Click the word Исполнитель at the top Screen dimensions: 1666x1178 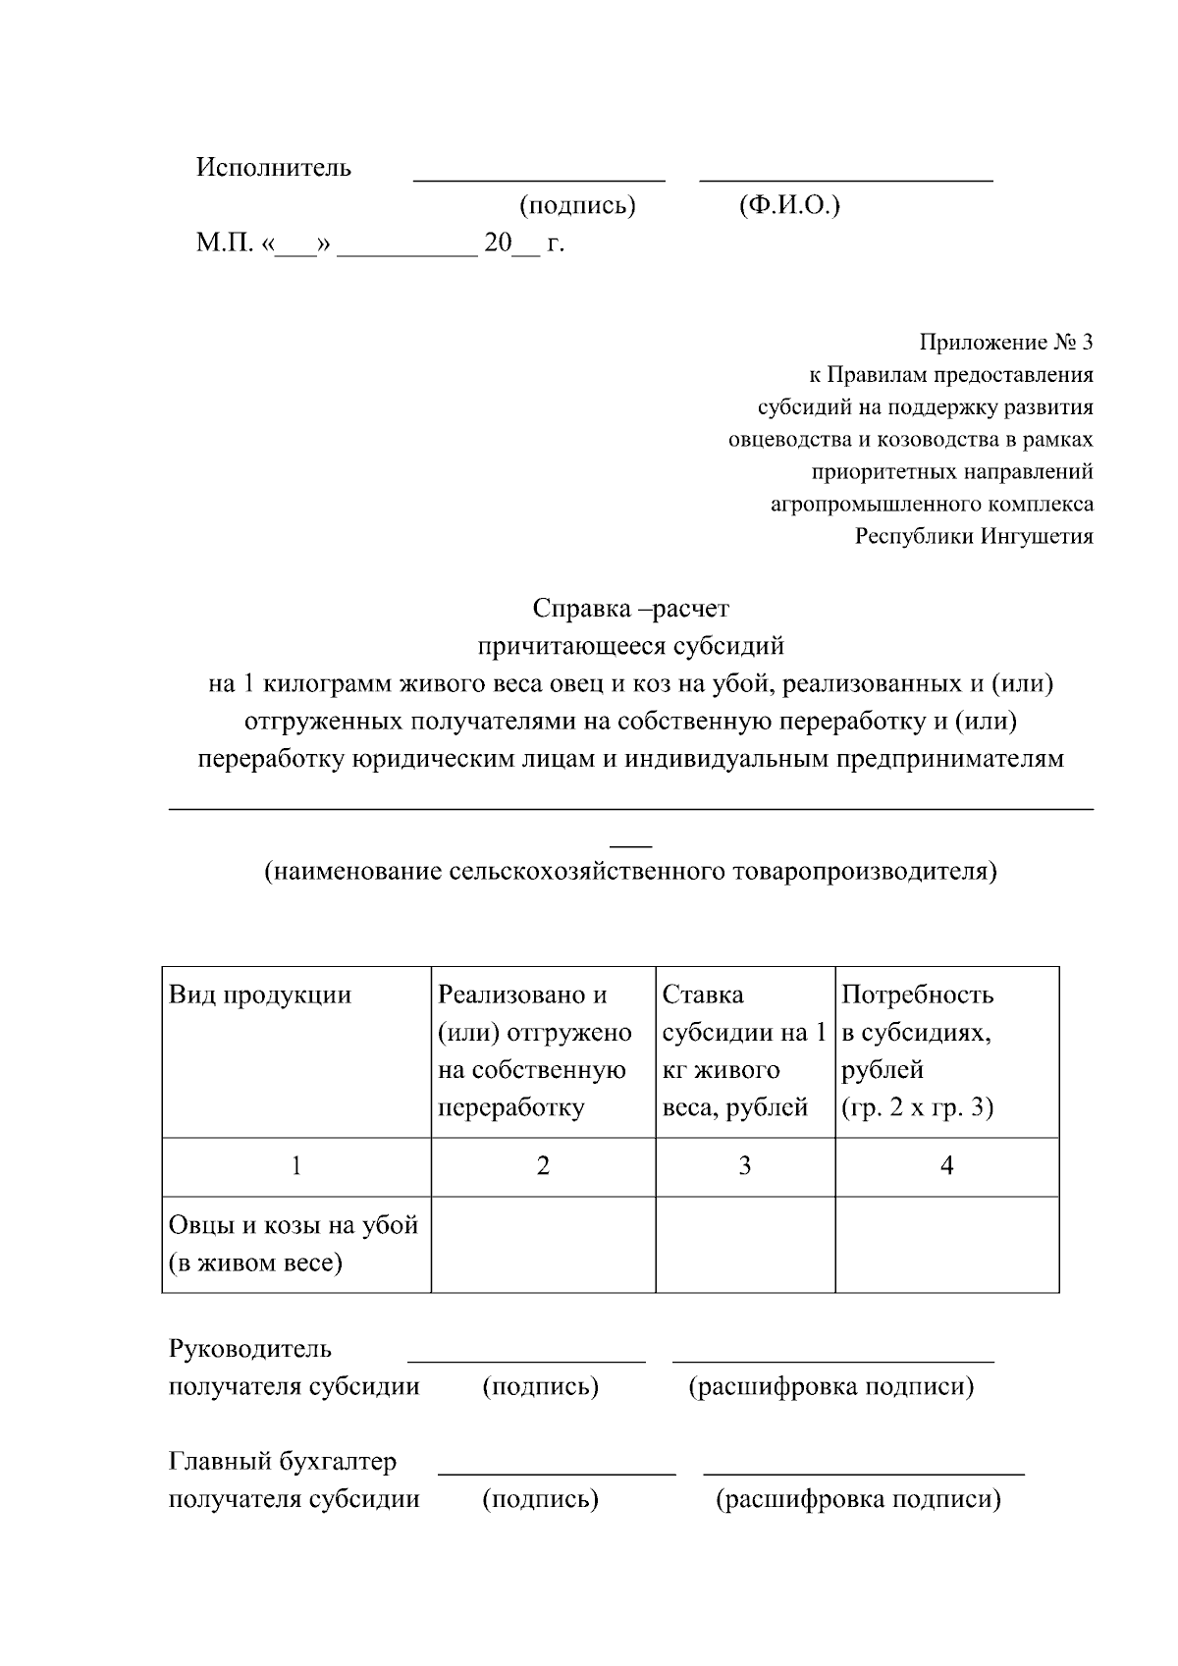point(273,167)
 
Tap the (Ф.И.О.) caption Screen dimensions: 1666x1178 point(788,205)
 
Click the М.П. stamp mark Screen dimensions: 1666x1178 point(224,242)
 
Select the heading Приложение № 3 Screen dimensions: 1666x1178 point(1005,343)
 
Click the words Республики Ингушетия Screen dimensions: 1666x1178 point(974,537)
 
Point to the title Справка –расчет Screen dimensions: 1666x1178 point(630,609)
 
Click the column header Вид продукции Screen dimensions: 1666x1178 point(260,995)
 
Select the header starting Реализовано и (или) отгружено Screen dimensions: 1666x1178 point(535,1050)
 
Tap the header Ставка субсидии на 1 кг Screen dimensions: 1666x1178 point(744,1050)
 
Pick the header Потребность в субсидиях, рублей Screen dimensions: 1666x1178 point(917,1050)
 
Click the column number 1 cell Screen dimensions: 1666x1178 point(296,1166)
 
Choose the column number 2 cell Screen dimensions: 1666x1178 point(543,1166)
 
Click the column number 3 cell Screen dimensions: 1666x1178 point(745,1166)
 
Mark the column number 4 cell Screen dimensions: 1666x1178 point(946,1166)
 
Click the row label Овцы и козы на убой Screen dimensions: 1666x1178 point(294,1243)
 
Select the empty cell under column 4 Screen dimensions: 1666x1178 point(946,1244)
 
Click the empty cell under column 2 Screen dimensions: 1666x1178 point(543,1244)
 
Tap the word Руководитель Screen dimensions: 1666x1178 point(250,1349)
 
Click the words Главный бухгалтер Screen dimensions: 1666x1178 point(283,1461)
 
